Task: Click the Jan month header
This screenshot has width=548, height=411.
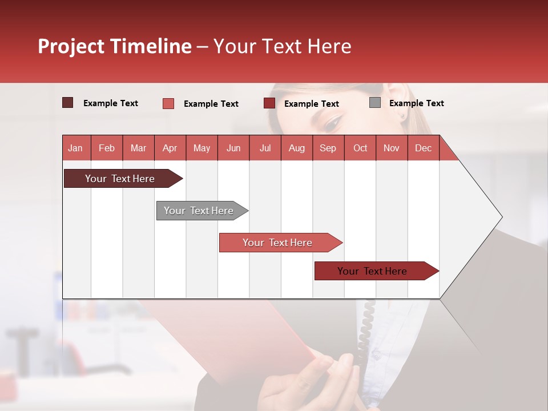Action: (75, 148)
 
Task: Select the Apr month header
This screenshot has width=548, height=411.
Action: (170, 148)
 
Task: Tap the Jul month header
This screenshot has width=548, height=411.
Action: (265, 148)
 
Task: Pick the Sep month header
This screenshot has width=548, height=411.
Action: (328, 148)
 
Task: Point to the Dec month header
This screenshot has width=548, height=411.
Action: (423, 148)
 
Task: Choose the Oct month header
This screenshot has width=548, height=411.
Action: (360, 148)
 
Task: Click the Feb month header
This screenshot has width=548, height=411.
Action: (107, 148)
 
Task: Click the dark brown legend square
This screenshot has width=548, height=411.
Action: (67, 103)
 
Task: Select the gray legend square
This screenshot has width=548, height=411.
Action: (375, 103)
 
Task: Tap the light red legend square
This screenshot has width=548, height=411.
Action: (168, 103)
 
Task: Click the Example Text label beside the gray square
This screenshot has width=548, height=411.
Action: (416, 103)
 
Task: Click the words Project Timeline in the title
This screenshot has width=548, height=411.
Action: (115, 46)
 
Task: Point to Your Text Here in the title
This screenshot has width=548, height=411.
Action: (282, 46)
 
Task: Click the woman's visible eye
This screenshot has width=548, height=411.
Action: (334, 121)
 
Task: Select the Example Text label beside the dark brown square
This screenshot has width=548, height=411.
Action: (111, 103)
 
